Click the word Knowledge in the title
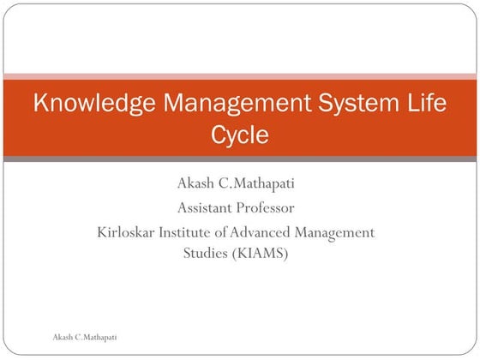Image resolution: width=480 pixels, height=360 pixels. click(x=86, y=105)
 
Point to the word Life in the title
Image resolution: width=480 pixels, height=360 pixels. click(x=426, y=105)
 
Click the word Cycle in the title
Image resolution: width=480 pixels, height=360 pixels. click(x=239, y=135)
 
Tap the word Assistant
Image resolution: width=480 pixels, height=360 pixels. click(x=206, y=207)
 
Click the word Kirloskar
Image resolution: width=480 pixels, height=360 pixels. click(x=129, y=231)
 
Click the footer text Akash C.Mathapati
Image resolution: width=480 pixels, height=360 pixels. click(x=85, y=338)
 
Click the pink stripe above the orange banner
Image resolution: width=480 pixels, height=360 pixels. click(x=240, y=76)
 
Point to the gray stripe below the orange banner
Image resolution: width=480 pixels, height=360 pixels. click(x=240, y=159)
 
